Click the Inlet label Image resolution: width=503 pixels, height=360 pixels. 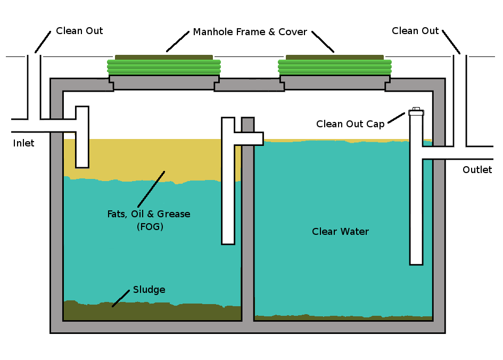pos(23,143)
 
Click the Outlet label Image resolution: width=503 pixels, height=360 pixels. pos(477,170)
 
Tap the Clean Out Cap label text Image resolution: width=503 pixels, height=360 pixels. pos(350,124)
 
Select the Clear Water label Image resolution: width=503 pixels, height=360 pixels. pos(340,232)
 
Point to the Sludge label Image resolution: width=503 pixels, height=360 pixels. pos(149,290)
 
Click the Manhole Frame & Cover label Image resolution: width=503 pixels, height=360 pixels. pos(250,32)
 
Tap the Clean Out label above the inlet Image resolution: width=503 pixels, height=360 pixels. pos(79,31)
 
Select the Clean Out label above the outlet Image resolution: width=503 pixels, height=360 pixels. pos(415,31)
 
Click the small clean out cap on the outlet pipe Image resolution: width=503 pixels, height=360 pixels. pos(416,112)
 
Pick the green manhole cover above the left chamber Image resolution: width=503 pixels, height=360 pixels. pos(164,66)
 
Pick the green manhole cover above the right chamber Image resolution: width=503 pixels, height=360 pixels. pos(335,66)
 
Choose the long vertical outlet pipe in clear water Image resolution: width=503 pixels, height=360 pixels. pos(416,213)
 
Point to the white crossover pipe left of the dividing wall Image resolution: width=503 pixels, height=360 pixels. pos(228,186)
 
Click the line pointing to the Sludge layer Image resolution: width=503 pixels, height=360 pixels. pos(121,298)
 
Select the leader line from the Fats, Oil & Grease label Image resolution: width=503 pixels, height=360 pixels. pos(151,189)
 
